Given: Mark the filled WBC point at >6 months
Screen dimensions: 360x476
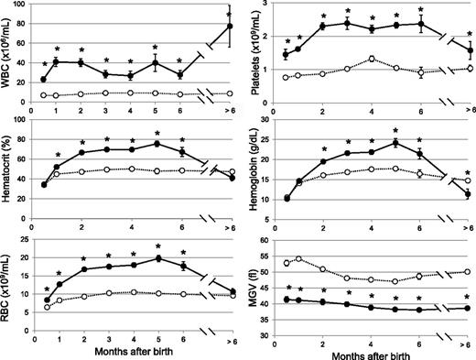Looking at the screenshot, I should click(x=229, y=27).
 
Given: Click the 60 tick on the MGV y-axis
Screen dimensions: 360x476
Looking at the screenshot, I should click(x=266, y=241).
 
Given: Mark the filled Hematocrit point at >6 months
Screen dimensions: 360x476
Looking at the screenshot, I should click(x=229, y=178).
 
